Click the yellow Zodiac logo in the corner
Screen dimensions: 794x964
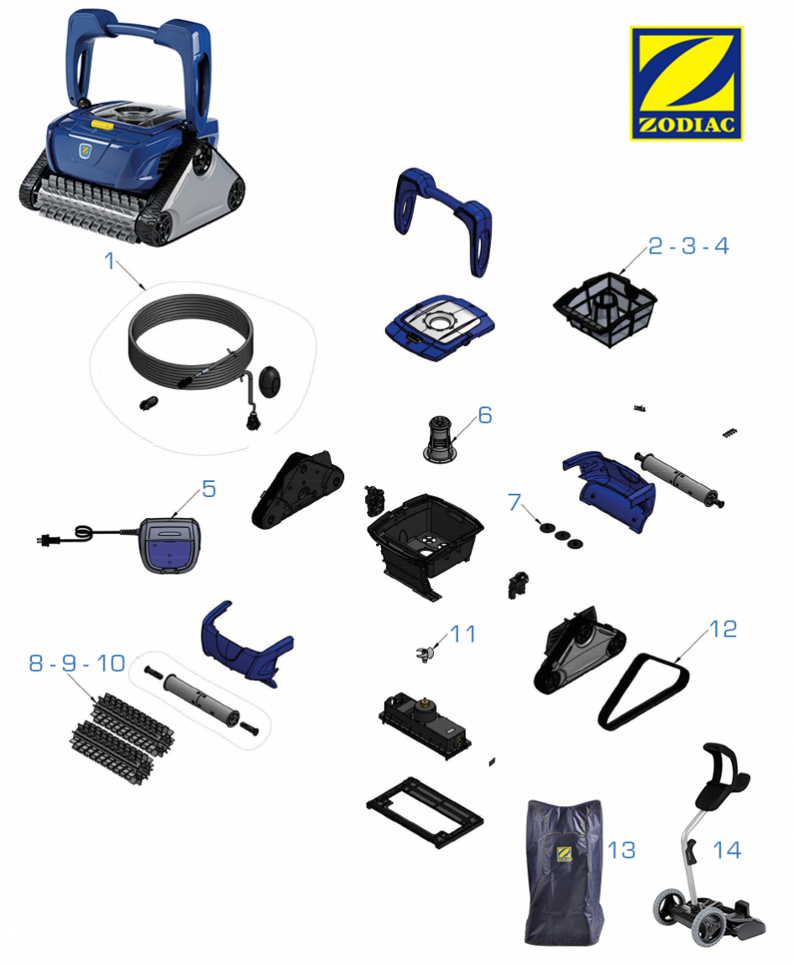tap(686, 83)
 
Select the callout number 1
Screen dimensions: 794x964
tap(110, 261)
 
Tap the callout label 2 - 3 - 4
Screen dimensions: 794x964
tap(688, 246)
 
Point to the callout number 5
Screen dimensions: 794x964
tap(209, 490)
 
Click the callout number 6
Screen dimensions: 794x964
tap(485, 415)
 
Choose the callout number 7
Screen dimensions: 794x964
tap(515, 501)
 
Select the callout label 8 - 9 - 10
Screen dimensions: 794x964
tap(77, 663)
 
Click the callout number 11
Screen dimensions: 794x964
tap(463, 634)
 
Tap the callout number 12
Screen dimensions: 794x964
tap(723, 629)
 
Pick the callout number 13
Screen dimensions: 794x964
tap(621, 851)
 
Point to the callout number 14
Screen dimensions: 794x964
tap(727, 851)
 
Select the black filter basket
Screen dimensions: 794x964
tap(604, 309)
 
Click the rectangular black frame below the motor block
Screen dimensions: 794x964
tap(425, 811)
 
